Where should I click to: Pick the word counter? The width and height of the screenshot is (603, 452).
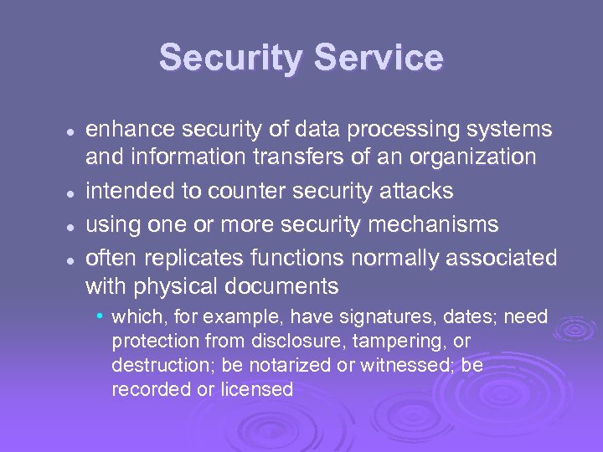coord(244,191)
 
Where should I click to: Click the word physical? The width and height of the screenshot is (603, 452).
coord(178,286)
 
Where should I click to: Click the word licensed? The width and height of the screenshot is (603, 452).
coord(258,389)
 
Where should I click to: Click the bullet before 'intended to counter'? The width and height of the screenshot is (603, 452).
coord(74,192)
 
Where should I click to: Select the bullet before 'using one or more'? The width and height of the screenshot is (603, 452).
coord(74,225)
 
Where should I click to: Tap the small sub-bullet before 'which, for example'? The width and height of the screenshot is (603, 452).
coord(100,316)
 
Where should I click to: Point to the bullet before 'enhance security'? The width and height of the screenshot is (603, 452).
coord(74,131)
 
